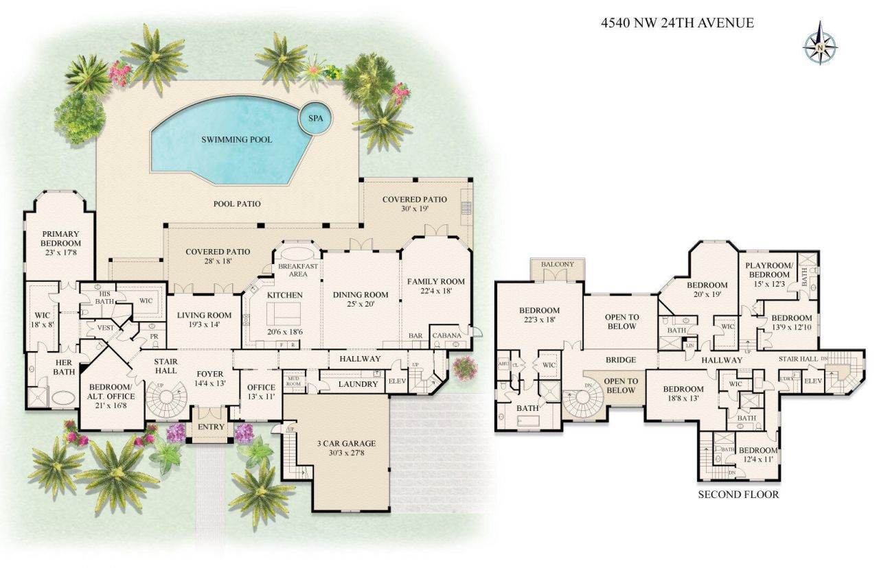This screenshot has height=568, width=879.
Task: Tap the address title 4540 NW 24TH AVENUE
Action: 677,23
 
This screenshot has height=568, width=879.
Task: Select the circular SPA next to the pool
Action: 315,119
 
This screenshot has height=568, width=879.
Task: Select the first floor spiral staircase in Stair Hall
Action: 168,400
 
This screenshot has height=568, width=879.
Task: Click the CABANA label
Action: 446,336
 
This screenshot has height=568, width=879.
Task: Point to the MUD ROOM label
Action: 294,381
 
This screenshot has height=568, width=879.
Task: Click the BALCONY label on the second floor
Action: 558,264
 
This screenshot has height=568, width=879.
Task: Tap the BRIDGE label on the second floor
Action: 620,359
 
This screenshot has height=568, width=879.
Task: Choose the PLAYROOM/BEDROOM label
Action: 769,270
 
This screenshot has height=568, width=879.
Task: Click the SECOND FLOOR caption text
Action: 738,494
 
